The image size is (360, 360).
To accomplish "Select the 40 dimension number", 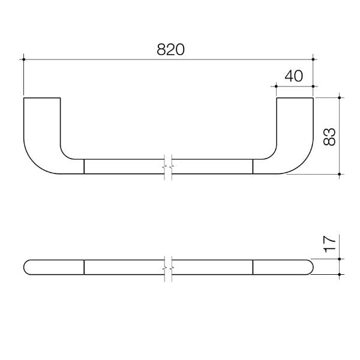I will [294, 76].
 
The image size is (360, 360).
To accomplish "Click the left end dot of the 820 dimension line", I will [23, 59].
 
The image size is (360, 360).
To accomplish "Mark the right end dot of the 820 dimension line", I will [313, 59].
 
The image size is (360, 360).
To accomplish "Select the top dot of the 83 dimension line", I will [340, 97].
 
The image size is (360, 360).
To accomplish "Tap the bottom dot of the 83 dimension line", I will [340, 174].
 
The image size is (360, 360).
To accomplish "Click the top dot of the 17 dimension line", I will [340, 259].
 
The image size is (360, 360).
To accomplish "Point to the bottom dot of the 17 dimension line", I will [340, 274].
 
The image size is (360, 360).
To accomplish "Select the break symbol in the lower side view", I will [169, 267].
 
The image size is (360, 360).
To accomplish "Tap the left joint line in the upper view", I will [84, 166].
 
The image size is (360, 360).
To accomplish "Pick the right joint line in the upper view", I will [253, 166].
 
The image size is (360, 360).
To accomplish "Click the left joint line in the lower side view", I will [84, 267].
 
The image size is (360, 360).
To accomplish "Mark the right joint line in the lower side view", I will [253, 267].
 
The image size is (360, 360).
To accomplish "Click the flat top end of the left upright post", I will [42, 97].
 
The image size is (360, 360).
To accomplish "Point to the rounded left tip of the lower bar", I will [25, 267].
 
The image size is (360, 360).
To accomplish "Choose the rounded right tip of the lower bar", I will [311, 267].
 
